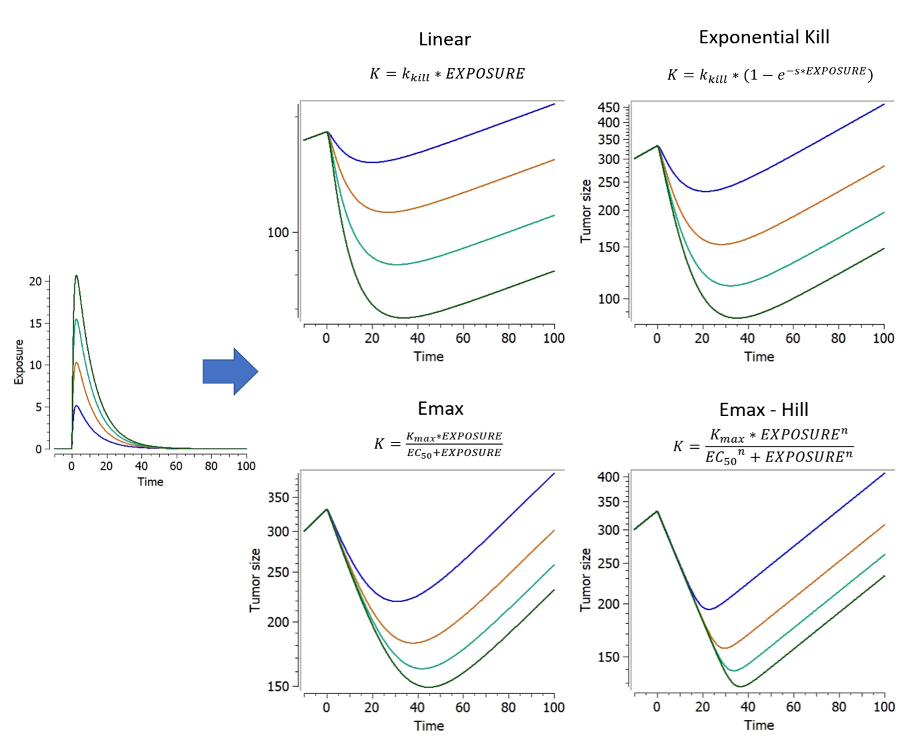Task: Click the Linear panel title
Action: click(x=445, y=39)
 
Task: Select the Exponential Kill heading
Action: click(x=764, y=37)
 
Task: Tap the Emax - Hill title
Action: click(x=764, y=409)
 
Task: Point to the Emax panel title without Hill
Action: click(x=441, y=408)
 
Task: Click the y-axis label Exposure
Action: click(x=19, y=362)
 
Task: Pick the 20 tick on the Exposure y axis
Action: click(x=35, y=281)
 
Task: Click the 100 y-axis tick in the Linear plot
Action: click(x=277, y=233)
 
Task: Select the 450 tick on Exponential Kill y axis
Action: click(x=609, y=108)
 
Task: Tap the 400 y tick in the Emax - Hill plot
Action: click(x=609, y=477)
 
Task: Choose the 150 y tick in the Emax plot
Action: click(x=277, y=687)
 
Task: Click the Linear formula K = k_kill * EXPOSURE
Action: click(x=447, y=74)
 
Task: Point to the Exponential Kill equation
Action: click(x=770, y=74)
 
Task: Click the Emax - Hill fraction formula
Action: click(x=763, y=446)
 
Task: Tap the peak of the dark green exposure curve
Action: click(x=77, y=276)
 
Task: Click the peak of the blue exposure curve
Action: click(x=77, y=406)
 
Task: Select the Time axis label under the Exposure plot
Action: click(x=151, y=482)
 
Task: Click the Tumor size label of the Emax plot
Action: click(x=255, y=580)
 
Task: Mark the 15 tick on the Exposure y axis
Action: click(x=35, y=323)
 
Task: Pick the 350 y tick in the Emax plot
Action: click(x=277, y=498)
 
